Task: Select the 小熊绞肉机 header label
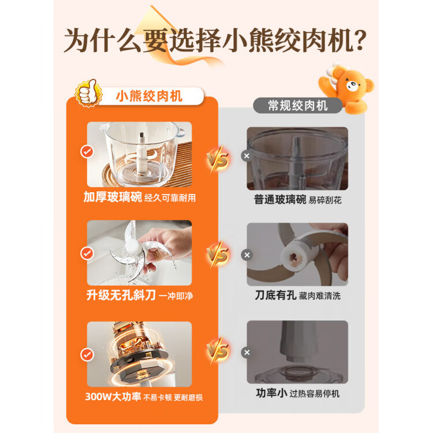point(149,95)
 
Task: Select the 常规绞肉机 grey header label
point(298,105)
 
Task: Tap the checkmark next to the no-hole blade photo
point(87,253)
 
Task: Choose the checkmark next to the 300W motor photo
point(87,354)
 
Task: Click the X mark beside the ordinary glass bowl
point(247,156)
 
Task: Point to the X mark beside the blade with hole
point(247,255)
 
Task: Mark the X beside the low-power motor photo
point(247,352)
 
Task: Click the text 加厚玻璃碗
point(112,198)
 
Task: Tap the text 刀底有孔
point(275,295)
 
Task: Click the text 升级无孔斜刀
point(120,295)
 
